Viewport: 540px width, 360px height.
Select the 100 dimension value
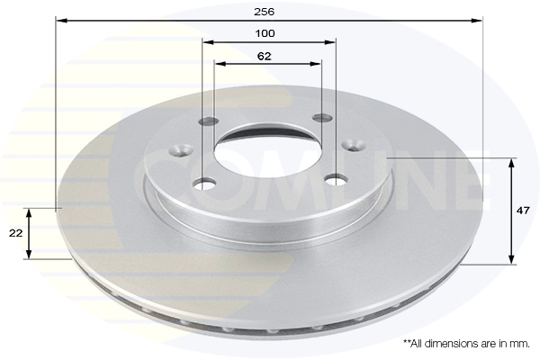point(265,33)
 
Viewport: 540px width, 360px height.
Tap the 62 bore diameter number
point(265,55)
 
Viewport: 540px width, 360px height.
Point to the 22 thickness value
point(15,233)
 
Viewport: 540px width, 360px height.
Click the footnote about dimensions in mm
point(465,344)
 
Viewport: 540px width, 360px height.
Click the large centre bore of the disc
point(270,149)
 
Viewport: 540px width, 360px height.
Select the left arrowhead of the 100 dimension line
point(207,42)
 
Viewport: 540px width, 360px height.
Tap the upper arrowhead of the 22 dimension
point(31,213)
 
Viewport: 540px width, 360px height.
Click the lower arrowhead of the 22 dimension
point(31,255)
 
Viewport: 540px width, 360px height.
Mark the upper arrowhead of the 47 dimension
point(513,163)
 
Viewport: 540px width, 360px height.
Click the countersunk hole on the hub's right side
point(353,144)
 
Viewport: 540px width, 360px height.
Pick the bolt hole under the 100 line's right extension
point(336,181)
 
